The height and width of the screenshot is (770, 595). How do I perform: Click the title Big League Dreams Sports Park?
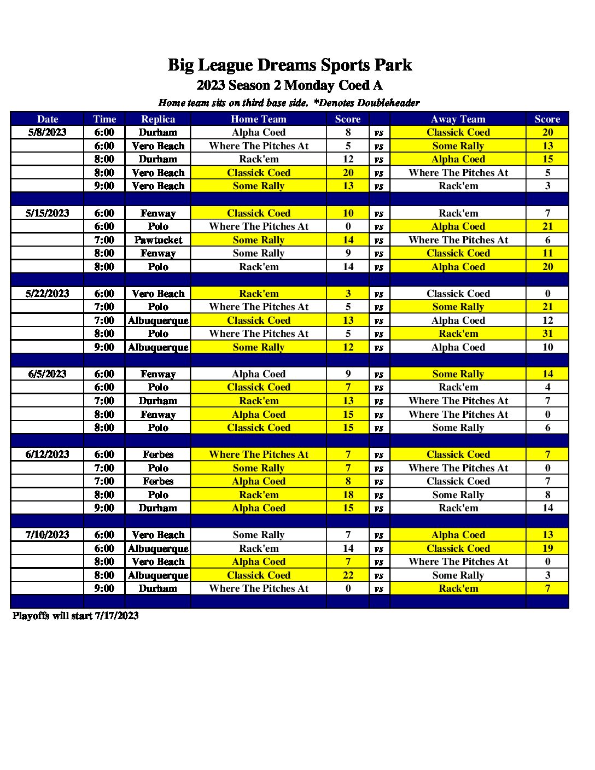(x=289, y=65)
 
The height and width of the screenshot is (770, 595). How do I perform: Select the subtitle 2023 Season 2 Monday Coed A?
(x=289, y=85)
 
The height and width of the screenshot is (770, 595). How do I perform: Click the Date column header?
(x=48, y=119)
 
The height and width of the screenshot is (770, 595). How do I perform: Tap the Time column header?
(x=104, y=119)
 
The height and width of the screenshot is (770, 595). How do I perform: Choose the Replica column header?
(x=158, y=119)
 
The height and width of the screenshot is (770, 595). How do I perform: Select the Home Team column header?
(x=259, y=119)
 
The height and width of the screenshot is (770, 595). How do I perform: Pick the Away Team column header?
(x=458, y=119)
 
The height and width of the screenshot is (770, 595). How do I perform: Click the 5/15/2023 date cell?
(x=48, y=213)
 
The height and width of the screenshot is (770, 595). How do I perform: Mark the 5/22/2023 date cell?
(x=48, y=294)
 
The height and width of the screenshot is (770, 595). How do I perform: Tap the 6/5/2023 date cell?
(x=48, y=374)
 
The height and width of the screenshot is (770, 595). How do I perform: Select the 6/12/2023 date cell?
(x=48, y=454)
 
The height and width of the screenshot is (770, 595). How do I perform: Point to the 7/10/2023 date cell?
(x=48, y=535)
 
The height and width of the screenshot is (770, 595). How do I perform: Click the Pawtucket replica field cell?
(x=158, y=240)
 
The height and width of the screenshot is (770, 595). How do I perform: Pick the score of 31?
(x=547, y=334)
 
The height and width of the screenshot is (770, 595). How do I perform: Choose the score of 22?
(x=348, y=575)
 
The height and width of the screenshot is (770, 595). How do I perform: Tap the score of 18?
(x=348, y=495)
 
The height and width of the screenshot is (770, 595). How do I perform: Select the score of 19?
(x=547, y=549)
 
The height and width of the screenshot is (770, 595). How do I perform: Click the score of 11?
(x=547, y=253)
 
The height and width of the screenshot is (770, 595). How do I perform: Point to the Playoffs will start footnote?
(x=75, y=616)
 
